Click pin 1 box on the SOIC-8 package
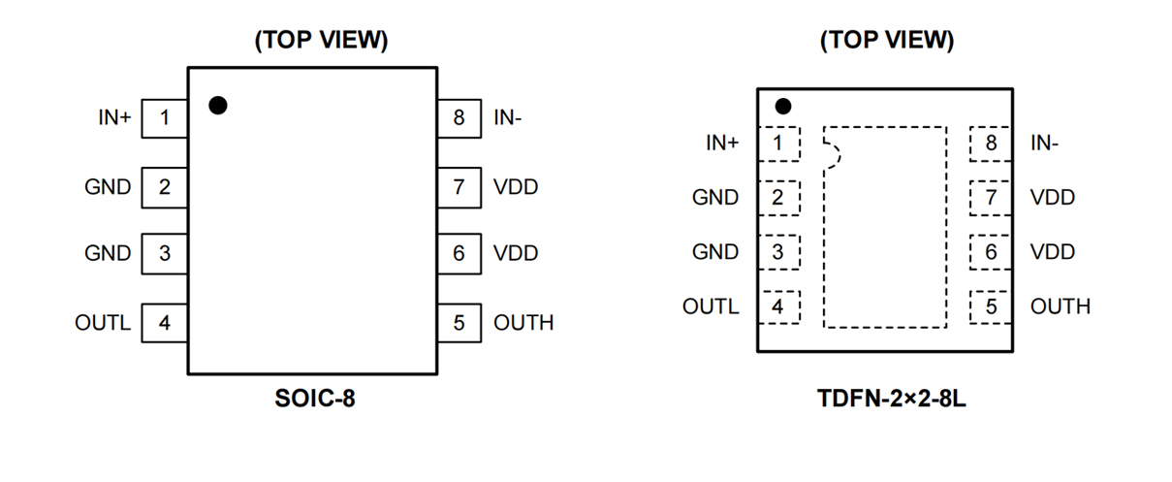(x=165, y=118)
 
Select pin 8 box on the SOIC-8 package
(x=459, y=118)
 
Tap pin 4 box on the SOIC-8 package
(x=165, y=323)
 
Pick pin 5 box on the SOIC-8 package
(x=459, y=323)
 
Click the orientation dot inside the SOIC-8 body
(x=218, y=105)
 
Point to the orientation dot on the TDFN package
(x=783, y=106)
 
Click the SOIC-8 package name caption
(x=314, y=399)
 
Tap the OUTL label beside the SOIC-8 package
(x=103, y=323)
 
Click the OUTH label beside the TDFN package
(x=1060, y=306)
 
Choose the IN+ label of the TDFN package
(x=722, y=144)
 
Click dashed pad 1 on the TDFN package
(x=777, y=144)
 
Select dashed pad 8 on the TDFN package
(x=990, y=144)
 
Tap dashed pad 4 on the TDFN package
(x=777, y=306)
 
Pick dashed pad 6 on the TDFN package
(x=990, y=252)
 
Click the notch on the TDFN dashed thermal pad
(x=832, y=154)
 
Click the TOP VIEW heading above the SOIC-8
(x=321, y=41)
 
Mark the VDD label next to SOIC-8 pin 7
(x=516, y=187)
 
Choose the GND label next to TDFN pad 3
(x=715, y=252)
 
